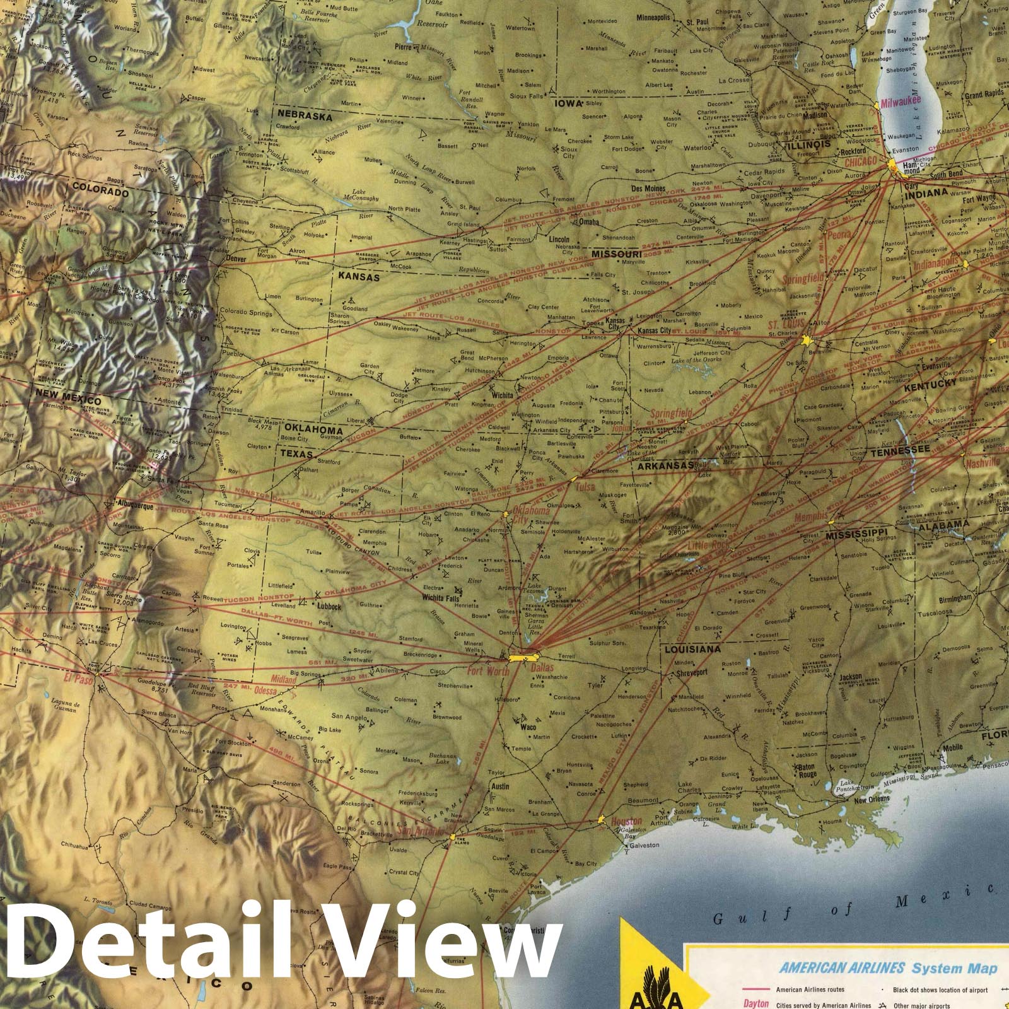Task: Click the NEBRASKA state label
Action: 302,117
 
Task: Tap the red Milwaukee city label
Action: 901,102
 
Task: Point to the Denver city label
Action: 235,259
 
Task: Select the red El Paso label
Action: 79,679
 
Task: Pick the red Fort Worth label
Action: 487,671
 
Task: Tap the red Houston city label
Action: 626,821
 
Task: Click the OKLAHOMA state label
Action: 309,430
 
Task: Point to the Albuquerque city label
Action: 135,504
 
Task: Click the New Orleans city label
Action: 872,799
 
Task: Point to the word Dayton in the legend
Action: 755,1003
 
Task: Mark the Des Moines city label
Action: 648,189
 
